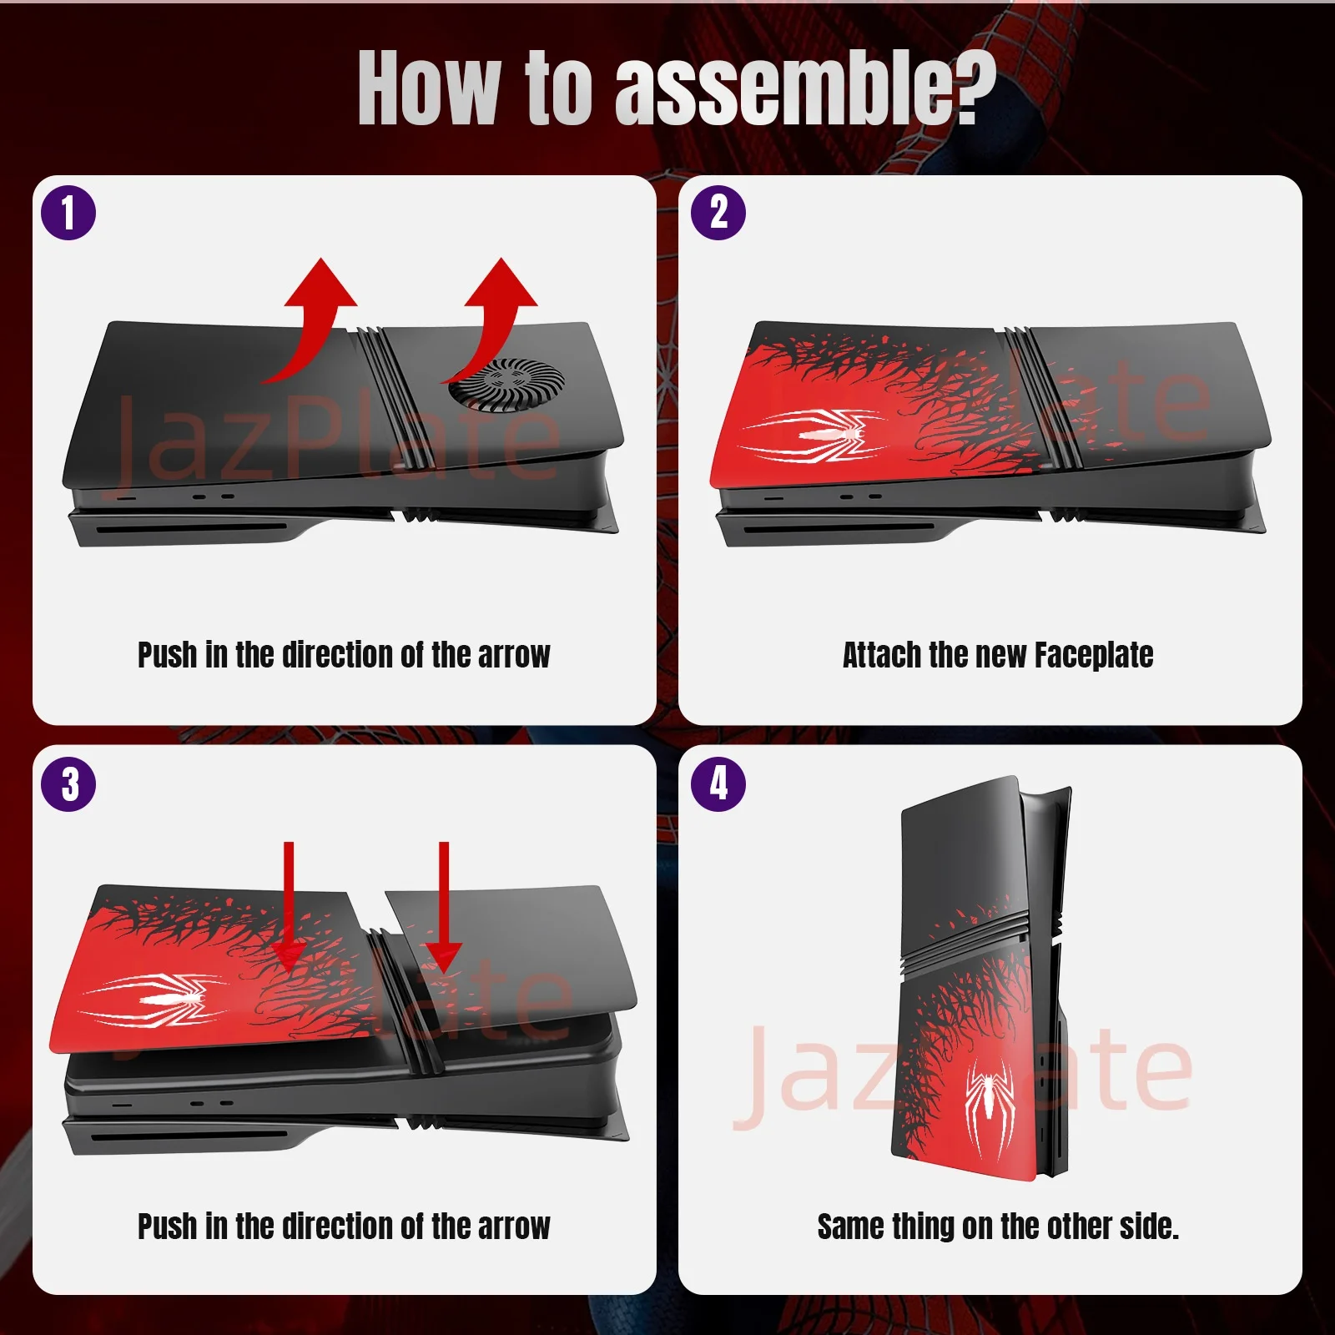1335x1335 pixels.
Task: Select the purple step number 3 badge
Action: click(68, 784)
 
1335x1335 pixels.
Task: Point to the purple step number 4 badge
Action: click(718, 784)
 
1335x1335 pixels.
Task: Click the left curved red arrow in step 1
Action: click(313, 317)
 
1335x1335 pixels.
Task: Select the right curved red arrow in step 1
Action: click(496, 313)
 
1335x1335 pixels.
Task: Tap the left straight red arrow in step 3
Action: click(289, 909)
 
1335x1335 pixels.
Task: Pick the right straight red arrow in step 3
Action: click(443, 909)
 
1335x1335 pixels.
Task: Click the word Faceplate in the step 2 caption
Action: click(1094, 656)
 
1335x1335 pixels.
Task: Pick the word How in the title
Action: click(429, 88)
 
